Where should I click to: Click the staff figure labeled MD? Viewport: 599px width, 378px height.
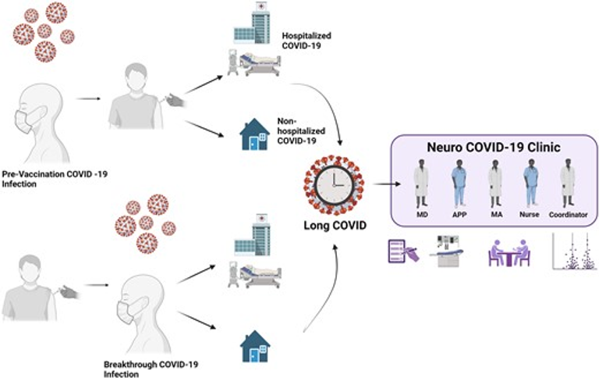[421, 184]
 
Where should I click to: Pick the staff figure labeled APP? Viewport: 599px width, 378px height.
[458, 184]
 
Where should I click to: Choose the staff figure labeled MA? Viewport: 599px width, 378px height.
[494, 184]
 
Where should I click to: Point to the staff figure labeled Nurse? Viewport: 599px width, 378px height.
[530, 184]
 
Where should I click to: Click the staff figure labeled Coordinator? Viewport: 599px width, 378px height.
[567, 184]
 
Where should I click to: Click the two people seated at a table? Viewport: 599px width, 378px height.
[509, 253]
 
